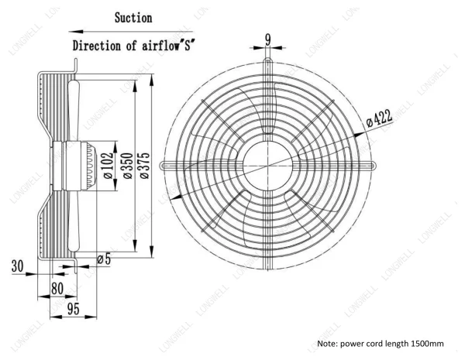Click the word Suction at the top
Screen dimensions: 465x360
click(133, 18)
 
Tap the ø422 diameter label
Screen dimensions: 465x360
click(379, 118)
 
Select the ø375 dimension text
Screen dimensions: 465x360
click(144, 166)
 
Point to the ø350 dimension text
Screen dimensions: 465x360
click(128, 166)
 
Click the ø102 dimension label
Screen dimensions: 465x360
click(108, 166)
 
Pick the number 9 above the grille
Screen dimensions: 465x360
click(268, 39)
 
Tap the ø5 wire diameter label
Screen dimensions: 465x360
click(104, 259)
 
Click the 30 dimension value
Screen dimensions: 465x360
click(17, 266)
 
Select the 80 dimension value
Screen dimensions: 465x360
click(57, 289)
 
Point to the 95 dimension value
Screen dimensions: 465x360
click(74, 309)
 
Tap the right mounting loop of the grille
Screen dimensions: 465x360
click(374, 166)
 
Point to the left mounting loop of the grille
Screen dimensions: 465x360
click(162, 166)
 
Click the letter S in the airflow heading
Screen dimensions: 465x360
click(188, 46)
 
